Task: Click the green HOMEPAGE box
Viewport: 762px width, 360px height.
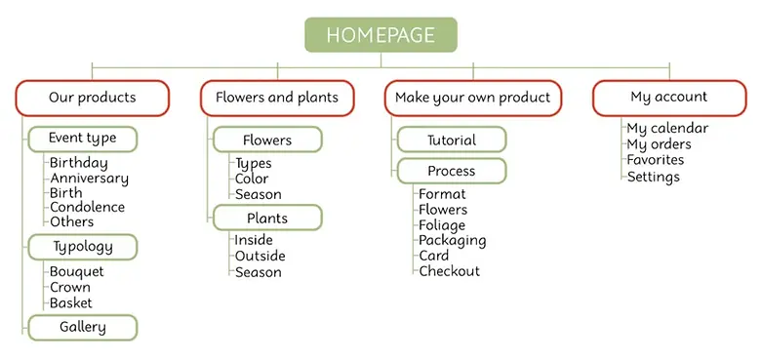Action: (x=381, y=34)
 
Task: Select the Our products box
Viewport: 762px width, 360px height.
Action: (x=93, y=98)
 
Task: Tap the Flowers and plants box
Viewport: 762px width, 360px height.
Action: (x=277, y=98)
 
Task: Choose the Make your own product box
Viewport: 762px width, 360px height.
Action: (x=472, y=98)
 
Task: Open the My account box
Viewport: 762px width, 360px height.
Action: (x=669, y=98)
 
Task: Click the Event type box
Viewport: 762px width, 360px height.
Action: (x=83, y=139)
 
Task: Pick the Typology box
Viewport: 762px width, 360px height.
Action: (x=83, y=247)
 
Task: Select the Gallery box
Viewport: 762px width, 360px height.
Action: (x=83, y=327)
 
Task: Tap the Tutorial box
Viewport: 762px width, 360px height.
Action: (x=452, y=140)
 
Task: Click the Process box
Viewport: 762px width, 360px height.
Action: (x=452, y=171)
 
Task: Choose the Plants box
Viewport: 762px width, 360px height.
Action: (x=267, y=217)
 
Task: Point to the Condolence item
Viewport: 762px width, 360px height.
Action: (x=87, y=207)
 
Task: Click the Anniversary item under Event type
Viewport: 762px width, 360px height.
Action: (x=89, y=179)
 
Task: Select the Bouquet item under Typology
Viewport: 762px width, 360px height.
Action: (x=76, y=271)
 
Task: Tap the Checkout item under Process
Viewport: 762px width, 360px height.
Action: (x=449, y=271)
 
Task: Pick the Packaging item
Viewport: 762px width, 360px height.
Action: (x=452, y=240)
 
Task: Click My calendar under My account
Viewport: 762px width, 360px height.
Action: (x=667, y=128)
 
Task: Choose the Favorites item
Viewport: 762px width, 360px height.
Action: (x=655, y=160)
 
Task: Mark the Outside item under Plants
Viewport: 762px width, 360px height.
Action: (x=260, y=256)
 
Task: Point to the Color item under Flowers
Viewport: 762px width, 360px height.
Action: (x=252, y=179)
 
